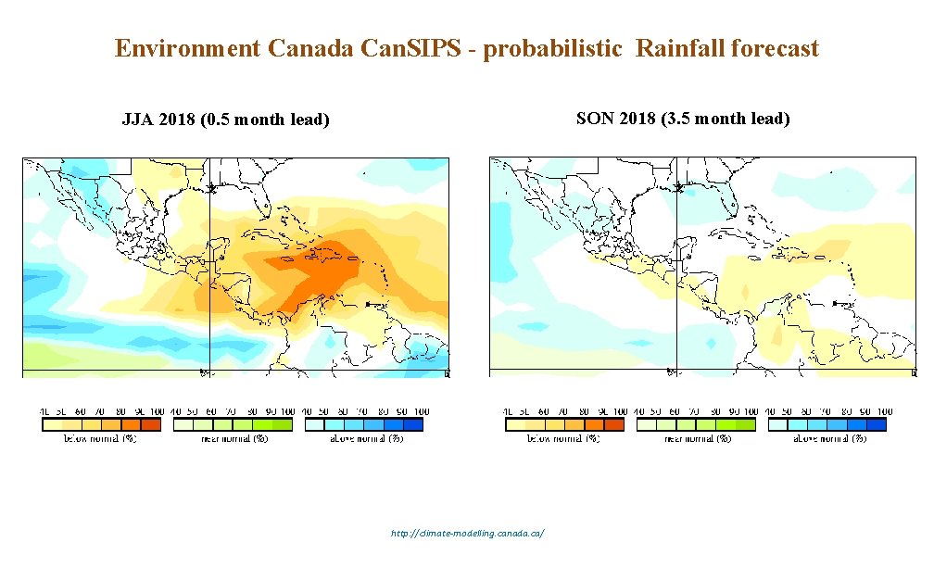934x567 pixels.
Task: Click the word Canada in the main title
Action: (310, 49)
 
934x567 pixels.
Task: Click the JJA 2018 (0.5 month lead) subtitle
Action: (226, 120)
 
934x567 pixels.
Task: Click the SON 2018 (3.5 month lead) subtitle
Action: (683, 119)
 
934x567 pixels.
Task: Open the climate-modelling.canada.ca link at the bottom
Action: (468, 534)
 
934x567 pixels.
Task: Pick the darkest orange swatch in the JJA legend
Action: (150, 424)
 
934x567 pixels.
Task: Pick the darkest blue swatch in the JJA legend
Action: (412, 424)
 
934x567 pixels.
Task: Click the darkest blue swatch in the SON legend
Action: (877, 424)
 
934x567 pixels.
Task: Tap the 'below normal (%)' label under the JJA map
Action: (100, 438)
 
